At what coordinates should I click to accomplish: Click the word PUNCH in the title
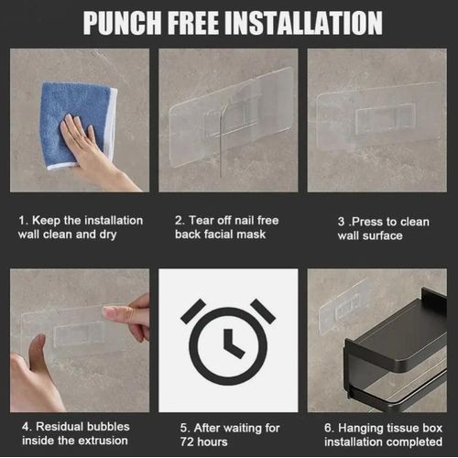pos(122,23)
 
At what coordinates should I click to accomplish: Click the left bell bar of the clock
pos(193,311)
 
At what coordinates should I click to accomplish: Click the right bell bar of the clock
pos(263,311)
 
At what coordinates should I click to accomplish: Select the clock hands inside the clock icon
pos(234,343)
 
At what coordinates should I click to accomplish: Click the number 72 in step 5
pos(186,442)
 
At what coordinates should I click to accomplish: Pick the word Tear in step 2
pos(201,220)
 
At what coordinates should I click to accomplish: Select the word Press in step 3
pos(367,222)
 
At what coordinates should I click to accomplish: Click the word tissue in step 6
pos(403,428)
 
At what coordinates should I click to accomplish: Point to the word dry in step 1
pos(108,234)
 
